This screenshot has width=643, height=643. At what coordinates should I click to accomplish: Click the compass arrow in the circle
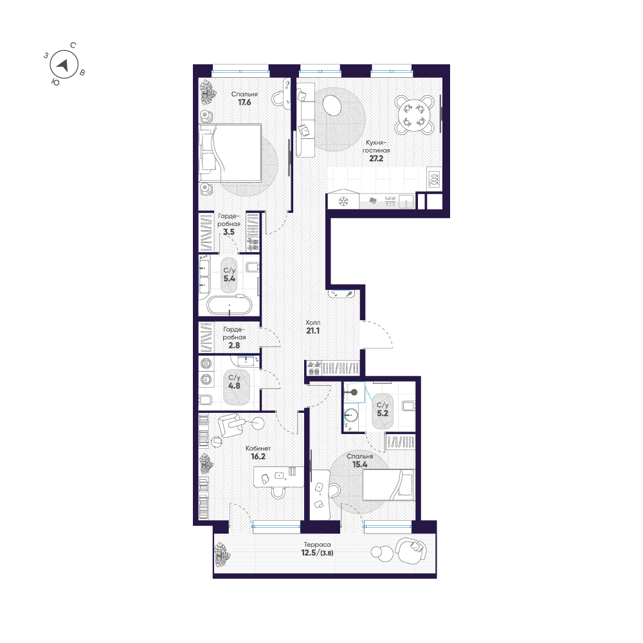(63, 65)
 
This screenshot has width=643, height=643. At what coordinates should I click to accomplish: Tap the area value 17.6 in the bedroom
(244, 102)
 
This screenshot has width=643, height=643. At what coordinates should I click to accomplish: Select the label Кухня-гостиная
(376, 147)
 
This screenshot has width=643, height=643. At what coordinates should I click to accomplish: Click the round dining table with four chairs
(414, 114)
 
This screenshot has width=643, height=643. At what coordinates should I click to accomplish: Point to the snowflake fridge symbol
(343, 202)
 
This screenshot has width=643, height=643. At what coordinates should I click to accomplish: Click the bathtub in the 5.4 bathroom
(229, 305)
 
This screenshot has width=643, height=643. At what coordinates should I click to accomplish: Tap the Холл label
(313, 323)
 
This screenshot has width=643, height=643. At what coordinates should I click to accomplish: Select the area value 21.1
(313, 331)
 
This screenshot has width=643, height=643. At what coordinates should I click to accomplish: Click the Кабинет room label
(258, 449)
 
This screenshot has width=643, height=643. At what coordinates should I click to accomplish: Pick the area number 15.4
(359, 465)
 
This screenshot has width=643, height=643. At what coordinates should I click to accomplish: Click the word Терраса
(315, 545)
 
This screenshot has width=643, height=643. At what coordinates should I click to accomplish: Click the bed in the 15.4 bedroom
(388, 485)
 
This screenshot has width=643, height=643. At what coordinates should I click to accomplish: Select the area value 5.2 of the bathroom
(382, 413)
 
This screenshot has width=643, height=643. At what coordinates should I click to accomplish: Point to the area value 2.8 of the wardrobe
(234, 345)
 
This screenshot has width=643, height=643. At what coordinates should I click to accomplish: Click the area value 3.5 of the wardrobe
(229, 232)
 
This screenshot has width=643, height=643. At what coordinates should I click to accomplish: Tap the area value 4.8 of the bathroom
(234, 386)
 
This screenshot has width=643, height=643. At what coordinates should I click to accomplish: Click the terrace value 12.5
(309, 553)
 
